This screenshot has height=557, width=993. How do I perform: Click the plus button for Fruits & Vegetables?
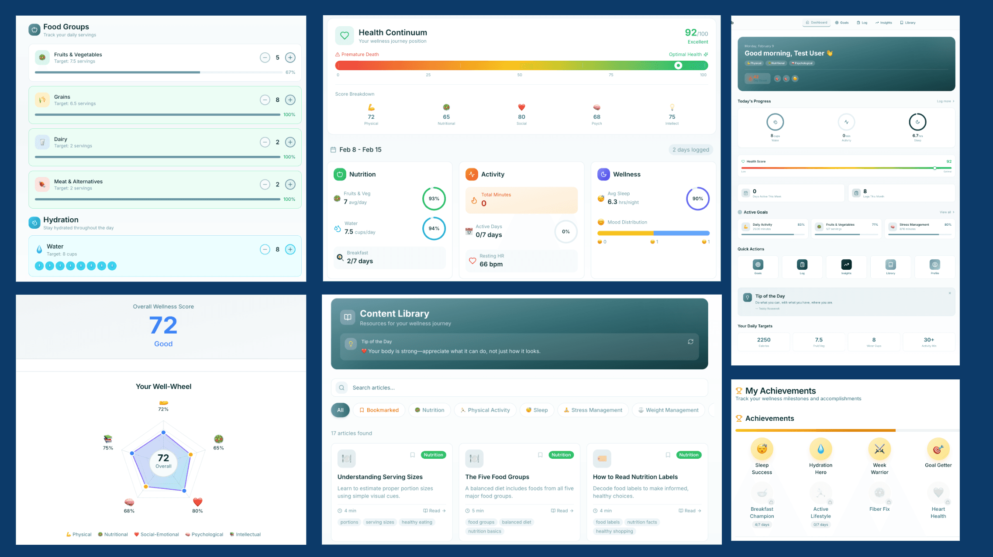[x=290, y=58]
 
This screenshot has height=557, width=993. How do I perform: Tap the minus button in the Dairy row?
[x=265, y=142]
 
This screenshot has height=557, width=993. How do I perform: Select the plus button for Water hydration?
[x=290, y=249]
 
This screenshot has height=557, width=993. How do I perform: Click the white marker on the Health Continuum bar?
[x=678, y=65]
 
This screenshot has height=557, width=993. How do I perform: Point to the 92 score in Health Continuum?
[x=690, y=33]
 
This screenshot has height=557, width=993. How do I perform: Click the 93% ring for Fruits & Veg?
[x=434, y=199]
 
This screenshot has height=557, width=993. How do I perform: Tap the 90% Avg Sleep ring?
[x=697, y=199]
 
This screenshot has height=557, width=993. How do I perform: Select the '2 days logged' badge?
[x=690, y=150]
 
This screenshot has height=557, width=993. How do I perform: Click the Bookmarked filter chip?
[x=379, y=410]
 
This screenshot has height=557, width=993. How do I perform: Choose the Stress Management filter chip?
[x=593, y=410]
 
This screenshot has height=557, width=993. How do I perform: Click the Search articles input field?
[x=520, y=388]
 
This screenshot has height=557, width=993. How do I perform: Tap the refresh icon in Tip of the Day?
[x=690, y=342]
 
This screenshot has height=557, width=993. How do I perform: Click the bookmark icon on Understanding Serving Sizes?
[x=412, y=455]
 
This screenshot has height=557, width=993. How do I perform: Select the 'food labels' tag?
[x=607, y=522]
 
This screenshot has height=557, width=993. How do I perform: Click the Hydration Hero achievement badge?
[x=821, y=449]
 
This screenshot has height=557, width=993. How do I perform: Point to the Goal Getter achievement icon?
[x=938, y=449]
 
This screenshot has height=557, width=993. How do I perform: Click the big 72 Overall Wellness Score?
[x=163, y=326]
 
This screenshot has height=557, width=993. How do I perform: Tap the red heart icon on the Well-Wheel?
[x=197, y=502]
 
